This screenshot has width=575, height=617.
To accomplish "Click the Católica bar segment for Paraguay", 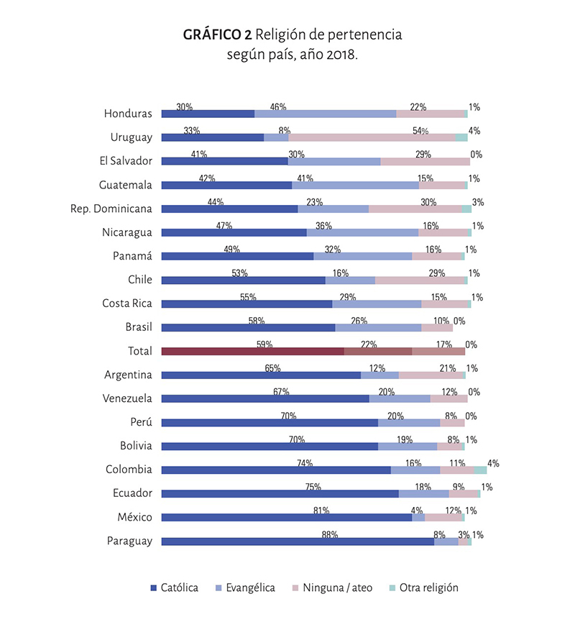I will (x=298, y=541).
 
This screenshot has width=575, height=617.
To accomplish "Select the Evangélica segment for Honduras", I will (x=325, y=114).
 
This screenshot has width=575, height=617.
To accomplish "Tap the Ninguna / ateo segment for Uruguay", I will (x=372, y=137).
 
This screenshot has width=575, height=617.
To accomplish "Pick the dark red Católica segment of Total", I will (x=252, y=351).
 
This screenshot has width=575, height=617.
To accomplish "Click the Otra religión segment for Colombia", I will (x=479, y=470).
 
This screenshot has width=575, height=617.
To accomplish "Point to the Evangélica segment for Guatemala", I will (x=355, y=185).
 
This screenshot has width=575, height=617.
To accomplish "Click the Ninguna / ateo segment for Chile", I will (x=420, y=280).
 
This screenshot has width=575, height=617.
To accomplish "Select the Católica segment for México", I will (x=286, y=518).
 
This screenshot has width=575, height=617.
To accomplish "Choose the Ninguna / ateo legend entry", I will (x=337, y=588).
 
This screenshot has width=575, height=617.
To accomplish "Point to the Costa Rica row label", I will (x=127, y=303).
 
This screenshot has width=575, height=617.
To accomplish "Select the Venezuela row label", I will (x=128, y=398).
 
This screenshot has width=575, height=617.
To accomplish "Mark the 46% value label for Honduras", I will (x=278, y=107).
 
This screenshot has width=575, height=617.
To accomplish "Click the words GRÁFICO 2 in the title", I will (x=217, y=34).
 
